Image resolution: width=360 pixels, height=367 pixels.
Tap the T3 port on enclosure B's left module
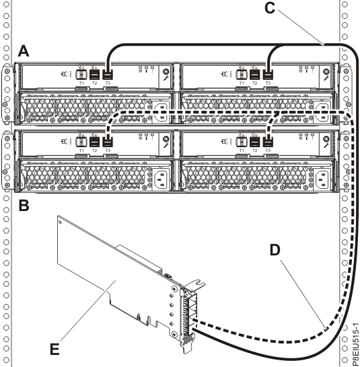(x=108, y=143)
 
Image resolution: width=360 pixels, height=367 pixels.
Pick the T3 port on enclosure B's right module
(x=268, y=143)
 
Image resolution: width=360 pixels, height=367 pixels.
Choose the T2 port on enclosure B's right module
(x=255, y=143)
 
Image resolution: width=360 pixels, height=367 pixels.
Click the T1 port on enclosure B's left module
(x=81, y=143)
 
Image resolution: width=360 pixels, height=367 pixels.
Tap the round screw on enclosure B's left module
(x=166, y=140)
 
